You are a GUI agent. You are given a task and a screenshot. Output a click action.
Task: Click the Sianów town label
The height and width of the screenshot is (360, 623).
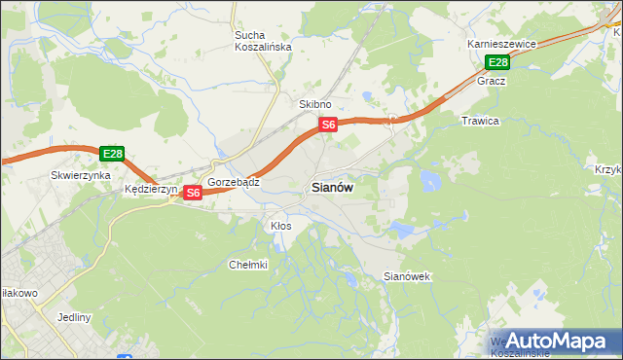pos(332,188)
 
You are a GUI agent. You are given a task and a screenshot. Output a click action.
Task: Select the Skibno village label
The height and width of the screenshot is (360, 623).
pos(315,104)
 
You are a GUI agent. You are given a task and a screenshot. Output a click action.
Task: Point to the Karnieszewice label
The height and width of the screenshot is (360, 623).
pos(501,45)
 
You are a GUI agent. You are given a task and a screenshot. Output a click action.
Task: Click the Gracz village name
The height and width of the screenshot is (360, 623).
pos(491,82)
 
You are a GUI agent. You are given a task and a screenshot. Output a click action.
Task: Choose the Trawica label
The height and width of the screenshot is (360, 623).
pos(480,121)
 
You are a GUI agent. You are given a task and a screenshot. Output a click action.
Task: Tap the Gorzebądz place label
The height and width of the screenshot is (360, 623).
pos(234,182)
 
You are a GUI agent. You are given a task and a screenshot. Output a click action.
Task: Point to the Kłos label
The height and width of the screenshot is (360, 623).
pos(280,226)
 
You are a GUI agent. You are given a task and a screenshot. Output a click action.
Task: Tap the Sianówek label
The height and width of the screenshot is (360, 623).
pos(407,277)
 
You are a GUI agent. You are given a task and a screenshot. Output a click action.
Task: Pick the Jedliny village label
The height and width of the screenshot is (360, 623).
pos(74,317)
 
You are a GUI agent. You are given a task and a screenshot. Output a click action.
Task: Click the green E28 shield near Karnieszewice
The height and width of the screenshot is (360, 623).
pos(497,63)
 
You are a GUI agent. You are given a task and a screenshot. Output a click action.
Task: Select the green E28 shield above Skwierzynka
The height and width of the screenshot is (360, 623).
pos(112,154)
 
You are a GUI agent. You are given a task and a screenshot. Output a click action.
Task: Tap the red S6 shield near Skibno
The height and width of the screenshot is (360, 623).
pos(329,125)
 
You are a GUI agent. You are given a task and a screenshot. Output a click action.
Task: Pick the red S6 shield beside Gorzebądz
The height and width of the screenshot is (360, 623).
pos(193,193)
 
